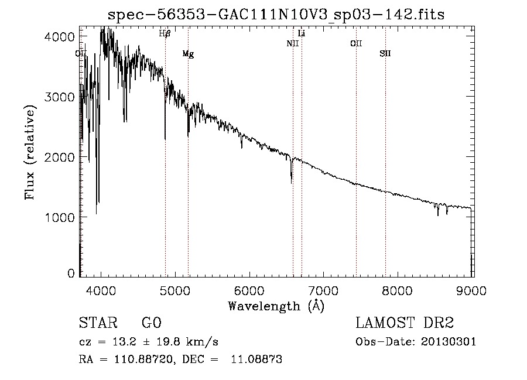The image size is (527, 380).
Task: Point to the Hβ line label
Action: [x=165, y=34]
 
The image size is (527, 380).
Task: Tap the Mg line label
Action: [x=188, y=54]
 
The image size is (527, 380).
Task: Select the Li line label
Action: [x=302, y=33]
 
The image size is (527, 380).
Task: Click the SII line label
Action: [x=385, y=53]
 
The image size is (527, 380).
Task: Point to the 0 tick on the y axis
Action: [x=71, y=273]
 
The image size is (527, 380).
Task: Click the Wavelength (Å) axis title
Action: [x=276, y=306]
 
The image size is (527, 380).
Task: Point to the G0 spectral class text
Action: [x=151, y=323]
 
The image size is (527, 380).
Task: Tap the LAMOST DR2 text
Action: [x=405, y=323]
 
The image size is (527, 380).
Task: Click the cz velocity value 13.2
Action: [x=126, y=342]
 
